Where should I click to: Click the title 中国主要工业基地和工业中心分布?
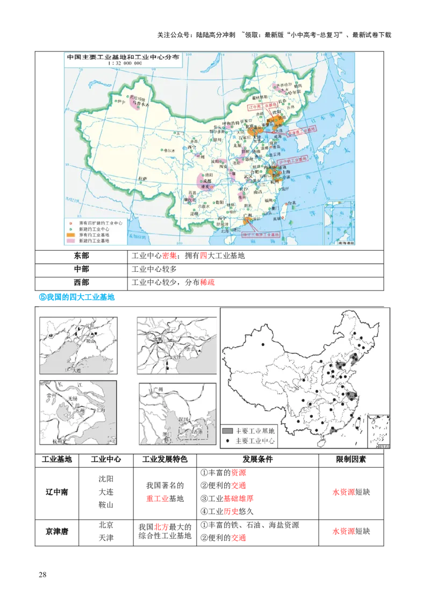coord(122,56)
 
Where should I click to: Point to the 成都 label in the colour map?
coord(201,182)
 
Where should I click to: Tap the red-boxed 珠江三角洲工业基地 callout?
coord(261,235)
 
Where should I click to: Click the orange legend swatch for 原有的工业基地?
coord(70,235)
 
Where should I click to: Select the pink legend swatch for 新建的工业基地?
coord(70,241)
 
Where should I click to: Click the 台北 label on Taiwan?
coord(290,203)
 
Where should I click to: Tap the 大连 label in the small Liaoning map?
coord(70,370)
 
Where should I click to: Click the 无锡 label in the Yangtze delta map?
coord(74,399)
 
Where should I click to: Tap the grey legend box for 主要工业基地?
coord(228,431)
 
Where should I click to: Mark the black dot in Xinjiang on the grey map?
coord(263,344)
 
